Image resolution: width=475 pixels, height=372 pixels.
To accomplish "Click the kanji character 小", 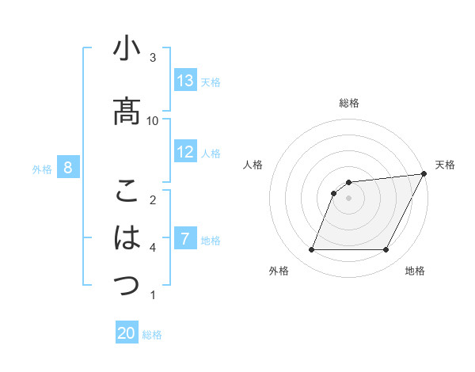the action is (x=127, y=50).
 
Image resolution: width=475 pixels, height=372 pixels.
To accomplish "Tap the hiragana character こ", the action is (x=127, y=192).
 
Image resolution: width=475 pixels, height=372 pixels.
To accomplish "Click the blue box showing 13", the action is (x=185, y=82).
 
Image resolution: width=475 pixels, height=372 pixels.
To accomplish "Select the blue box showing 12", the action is (x=185, y=153).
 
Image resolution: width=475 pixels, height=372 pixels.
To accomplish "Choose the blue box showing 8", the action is (x=68, y=168).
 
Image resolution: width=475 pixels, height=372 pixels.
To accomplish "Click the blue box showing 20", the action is (x=127, y=334).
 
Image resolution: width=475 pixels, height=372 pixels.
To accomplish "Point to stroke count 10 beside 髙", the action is (x=153, y=120).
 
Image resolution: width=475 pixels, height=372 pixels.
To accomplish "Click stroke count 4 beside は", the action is (x=153, y=248).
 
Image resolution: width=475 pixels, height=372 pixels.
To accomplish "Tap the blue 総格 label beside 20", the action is (x=152, y=335).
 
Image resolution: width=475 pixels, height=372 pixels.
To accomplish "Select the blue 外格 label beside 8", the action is (x=42, y=169).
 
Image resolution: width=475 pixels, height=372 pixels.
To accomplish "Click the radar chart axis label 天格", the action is (x=445, y=165).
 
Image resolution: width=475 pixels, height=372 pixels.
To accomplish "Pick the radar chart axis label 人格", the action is (x=253, y=165).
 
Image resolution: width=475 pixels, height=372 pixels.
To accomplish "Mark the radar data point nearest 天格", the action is (x=424, y=174).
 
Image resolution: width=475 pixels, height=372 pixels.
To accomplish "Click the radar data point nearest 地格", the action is (x=386, y=250).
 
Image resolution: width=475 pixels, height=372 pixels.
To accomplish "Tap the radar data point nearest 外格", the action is (x=311, y=250).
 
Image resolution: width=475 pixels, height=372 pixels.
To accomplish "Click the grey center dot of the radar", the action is (x=348, y=199).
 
